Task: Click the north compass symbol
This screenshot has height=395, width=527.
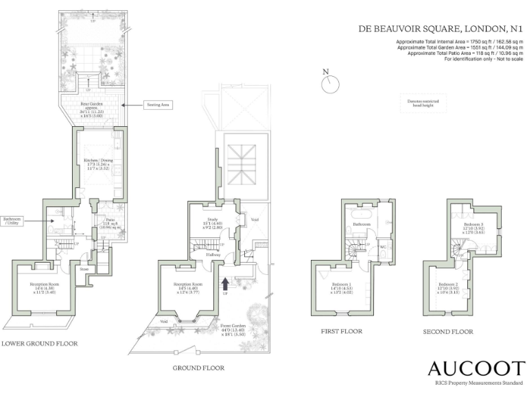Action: click(x=331, y=83)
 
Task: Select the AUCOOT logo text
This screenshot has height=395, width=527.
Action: click(x=476, y=368)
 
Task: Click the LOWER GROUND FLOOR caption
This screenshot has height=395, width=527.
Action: click(x=39, y=343)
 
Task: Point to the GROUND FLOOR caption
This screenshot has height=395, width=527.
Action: click(x=198, y=368)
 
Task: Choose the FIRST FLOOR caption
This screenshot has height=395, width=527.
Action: click(x=342, y=331)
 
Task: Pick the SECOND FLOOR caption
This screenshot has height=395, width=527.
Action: click(x=448, y=332)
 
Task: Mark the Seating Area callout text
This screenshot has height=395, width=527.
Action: click(x=157, y=105)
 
